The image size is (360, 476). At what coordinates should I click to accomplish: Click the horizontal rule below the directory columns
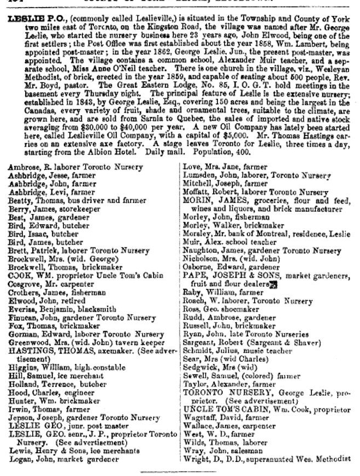[180, 471]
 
